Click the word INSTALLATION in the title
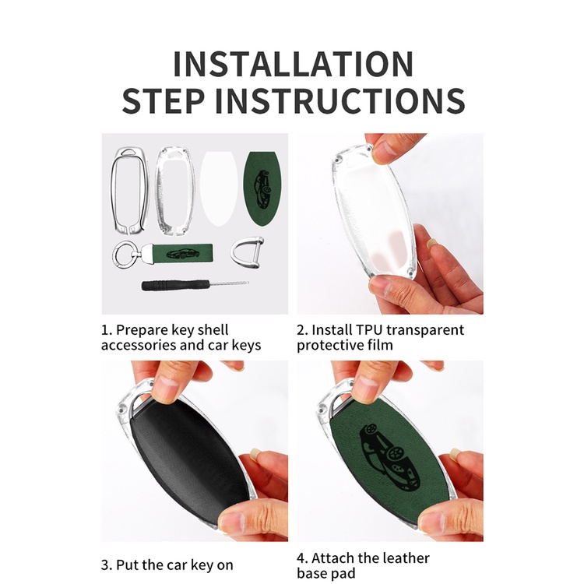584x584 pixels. tap(293, 64)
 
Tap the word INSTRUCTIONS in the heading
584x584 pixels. tap(340, 100)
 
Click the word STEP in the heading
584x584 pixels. tap(164, 100)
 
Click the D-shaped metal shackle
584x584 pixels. tap(246, 252)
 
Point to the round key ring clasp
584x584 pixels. tap(125, 255)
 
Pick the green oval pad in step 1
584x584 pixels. tap(262, 188)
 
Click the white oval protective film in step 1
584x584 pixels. tap(219, 188)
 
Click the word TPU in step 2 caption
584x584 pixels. tap(369, 330)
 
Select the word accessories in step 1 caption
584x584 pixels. tap(138, 345)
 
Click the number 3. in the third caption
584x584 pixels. tap(107, 565)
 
